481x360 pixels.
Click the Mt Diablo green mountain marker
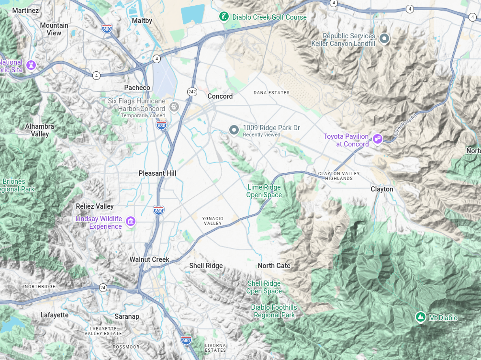coord(420,317)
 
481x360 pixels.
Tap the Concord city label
coord(220,96)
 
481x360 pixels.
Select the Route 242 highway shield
coord(192,91)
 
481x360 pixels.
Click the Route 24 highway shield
coord(103,288)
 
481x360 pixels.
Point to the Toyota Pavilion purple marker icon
coord(378,139)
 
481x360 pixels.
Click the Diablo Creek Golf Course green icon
coord(224,17)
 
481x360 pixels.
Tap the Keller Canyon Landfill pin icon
coord(384,38)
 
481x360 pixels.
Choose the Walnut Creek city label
coord(149,259)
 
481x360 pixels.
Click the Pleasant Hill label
coord(158,173)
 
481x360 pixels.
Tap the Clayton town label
coord(382,189)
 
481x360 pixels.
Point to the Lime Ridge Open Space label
coord(264,191)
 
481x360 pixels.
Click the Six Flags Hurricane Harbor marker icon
coord(174,106)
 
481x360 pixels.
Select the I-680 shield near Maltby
coord(107,29)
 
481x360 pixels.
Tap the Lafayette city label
coord(55,315)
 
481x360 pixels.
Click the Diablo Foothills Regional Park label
coord(274,311)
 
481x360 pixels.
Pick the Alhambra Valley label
coord(40,130)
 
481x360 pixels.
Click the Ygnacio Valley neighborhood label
coord(213,221)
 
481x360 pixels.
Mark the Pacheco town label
coord(137,88)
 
